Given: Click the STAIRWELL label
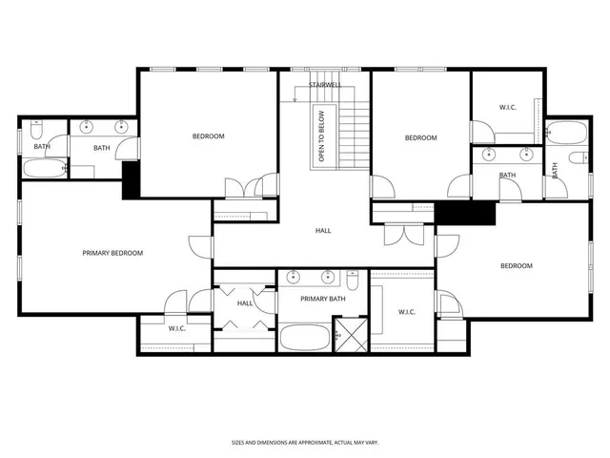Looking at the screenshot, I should click(325, 85).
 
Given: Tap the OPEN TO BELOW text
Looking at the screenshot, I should click(321, 135).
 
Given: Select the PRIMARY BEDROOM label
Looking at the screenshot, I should click(112, 253).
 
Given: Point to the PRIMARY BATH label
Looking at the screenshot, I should click(322, 300).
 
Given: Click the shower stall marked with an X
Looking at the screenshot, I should click(350, 337).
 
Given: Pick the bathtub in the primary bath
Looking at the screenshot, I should click(303, 338).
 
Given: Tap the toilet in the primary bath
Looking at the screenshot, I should click(353, 281).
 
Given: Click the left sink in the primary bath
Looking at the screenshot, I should click(294, 279).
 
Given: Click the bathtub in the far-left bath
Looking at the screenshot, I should click(42, 170).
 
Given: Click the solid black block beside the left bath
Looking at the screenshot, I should click(131, 178).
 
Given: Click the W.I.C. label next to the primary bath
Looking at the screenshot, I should click(406, 311).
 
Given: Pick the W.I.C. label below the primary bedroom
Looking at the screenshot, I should click(176, 329).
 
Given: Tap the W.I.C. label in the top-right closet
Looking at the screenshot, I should click(507, 107).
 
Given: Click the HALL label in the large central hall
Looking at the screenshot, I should click(323, 231).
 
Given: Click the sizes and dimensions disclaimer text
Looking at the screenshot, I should click(304, 443).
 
